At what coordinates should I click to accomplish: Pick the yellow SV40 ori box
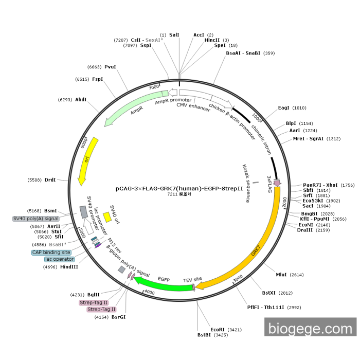pyautogui.click(x=107, y=217)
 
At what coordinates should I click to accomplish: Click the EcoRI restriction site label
pyautogui.click(x=218, y=329)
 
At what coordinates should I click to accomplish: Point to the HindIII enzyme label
pyautogui.click(x=68, y=267)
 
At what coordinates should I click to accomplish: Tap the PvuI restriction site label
pyautogui.click(x=110, y=67)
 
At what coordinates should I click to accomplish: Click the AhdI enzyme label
pyautogui.click(x=81, y=99)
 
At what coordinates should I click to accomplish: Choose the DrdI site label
pyautogui.click(x=50, y=179)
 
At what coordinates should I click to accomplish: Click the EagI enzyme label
pyautogui.click(x=284, y=107)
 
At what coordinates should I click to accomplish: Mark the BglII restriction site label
pyautogui.click(x=93, y=294)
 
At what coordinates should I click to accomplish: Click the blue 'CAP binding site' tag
pyautogui.click(x=51, y=253)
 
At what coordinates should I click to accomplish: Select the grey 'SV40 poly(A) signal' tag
pyautogui.click(x=36, y=219)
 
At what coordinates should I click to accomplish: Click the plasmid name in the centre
pyautogui.click(x=179, y=188)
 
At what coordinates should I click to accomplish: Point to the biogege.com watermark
pyautogui.click(x=311, y=327)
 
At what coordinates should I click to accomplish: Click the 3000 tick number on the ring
pyautogui.click(x=238, y=278)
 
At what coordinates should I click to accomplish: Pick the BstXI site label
pyautogui.click(x=269, y=293)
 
